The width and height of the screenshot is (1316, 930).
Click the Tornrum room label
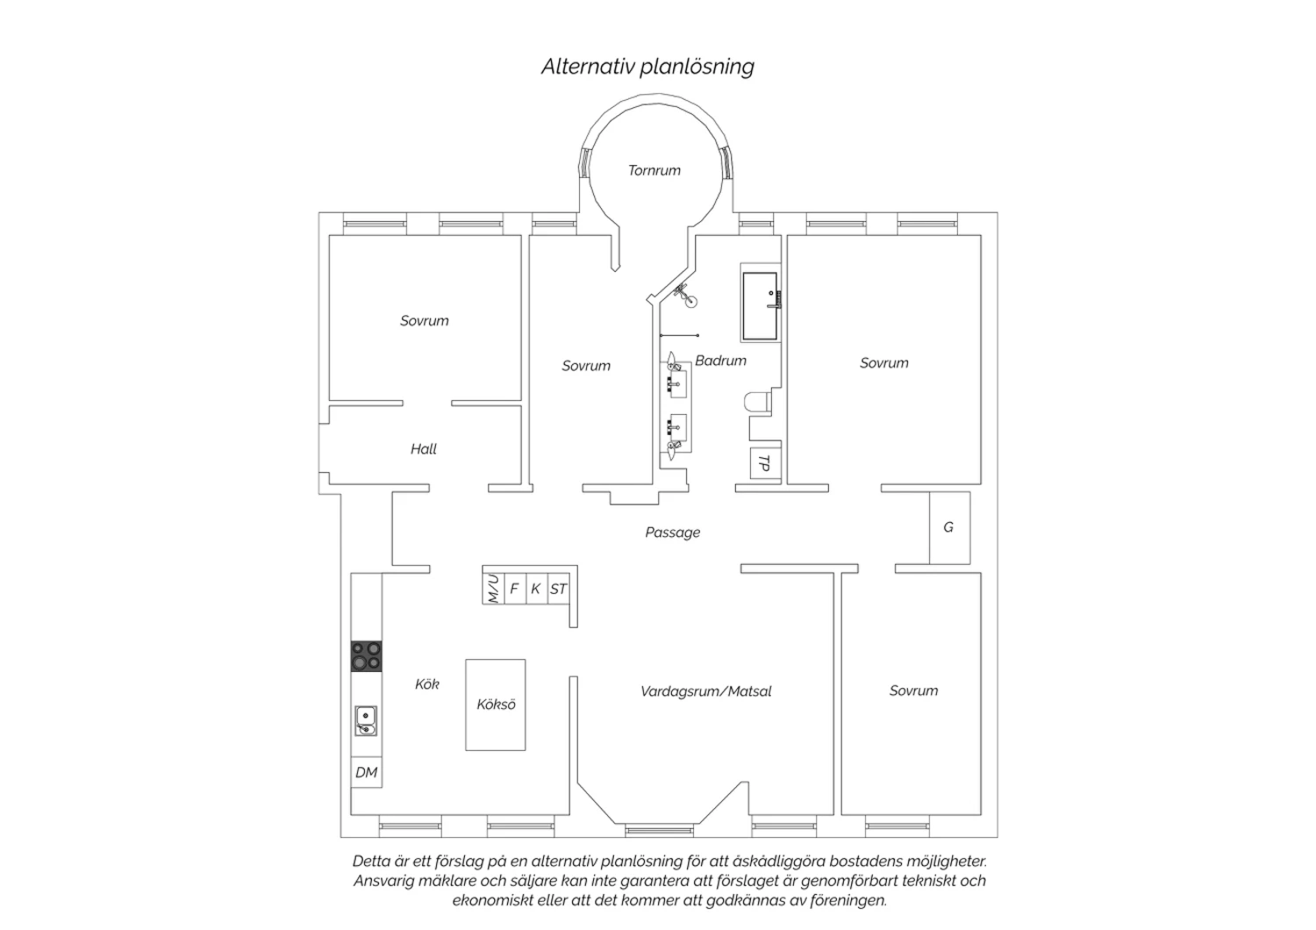coord(654,170)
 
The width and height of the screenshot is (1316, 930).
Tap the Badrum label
coord(720,360)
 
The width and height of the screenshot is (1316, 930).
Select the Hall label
coord(424,449)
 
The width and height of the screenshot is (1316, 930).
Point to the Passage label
coord(673,533)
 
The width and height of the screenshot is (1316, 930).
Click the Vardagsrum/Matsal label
coord(705,690)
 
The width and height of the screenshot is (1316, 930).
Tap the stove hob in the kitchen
coord(366,656)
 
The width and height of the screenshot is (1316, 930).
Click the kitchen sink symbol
coord(366,721)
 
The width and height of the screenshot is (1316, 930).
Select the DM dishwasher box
coord(367,772)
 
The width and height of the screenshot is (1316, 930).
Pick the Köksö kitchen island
coord(496,705)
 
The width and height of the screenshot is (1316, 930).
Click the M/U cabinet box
coord(493,588)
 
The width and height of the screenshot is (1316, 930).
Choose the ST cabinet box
coord(558,588)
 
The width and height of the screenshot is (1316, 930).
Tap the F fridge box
coord(515,588)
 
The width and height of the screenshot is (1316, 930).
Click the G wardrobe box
coord(949,527)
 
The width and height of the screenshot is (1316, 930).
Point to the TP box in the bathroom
coord(765,463)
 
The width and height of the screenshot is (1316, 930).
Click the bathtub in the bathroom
coord(761,306)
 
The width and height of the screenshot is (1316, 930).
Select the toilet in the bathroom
coord(758,403)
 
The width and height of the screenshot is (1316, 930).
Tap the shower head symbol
coord(686,296)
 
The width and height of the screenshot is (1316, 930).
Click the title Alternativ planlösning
coord(648,67)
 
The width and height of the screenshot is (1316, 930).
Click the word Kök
coord(427,683)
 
